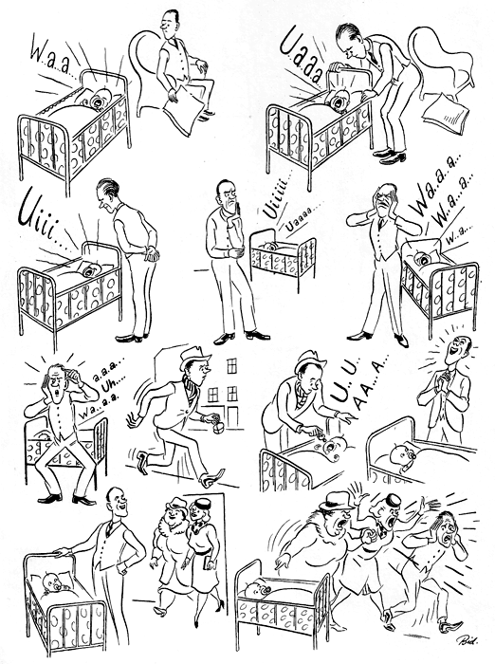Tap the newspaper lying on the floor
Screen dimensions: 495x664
click(x=443, y=114)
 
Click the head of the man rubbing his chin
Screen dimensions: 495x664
click(x=228, y=194)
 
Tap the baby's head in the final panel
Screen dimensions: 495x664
click(x=253, y=590)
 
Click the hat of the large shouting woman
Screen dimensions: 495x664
click(x=337, y=501)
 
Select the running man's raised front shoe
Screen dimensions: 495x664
click(x=212, y=476)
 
